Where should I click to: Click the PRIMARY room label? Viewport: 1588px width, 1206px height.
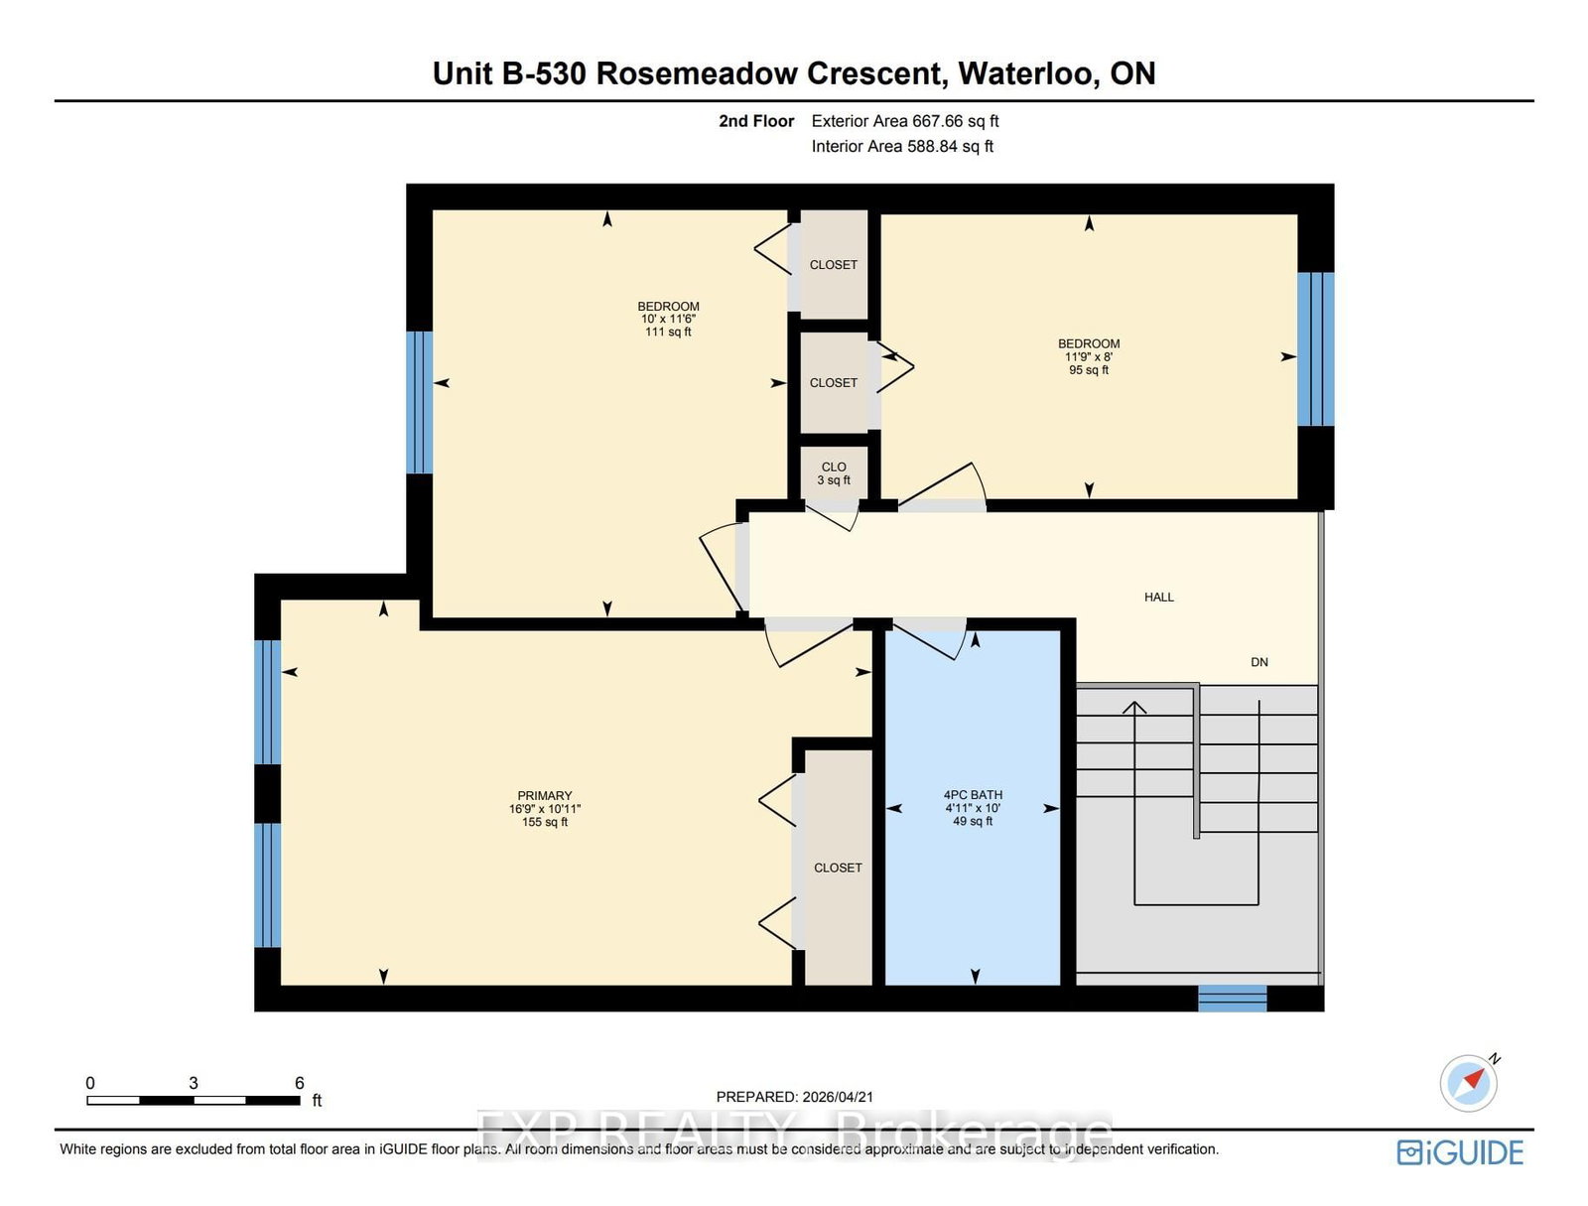(544, 796)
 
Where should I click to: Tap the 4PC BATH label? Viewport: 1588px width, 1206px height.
(973, 795)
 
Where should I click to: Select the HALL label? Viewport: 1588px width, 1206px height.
(1158, 598)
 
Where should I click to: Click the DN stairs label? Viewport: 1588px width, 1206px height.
(1258, 662)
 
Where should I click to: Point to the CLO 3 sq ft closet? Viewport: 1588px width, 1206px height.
(834, 473)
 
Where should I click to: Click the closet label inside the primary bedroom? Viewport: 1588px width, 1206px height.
(838, 868)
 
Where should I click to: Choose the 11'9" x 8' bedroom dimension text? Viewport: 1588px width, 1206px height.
(1088, 357)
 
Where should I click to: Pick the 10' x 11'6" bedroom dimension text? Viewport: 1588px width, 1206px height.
(668, 320)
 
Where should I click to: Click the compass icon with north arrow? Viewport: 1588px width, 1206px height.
(1468, 1083)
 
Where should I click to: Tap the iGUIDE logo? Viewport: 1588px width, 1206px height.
(1460, 1152)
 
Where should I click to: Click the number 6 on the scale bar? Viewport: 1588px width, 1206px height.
(299, 1083)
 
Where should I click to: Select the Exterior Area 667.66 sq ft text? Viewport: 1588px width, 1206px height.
(904, 121)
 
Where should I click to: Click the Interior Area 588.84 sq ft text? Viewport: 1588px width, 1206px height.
(901, 146)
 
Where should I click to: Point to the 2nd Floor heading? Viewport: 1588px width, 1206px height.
(756, 121)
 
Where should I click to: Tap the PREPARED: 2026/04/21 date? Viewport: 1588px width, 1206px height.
(794, 1097)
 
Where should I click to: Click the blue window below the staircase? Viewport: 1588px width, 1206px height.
(1232, 998)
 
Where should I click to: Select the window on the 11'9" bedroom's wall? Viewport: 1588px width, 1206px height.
(1315, 348)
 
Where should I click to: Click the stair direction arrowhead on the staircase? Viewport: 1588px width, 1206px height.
(1134, 707)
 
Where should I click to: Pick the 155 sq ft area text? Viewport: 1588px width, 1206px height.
(544, 822)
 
